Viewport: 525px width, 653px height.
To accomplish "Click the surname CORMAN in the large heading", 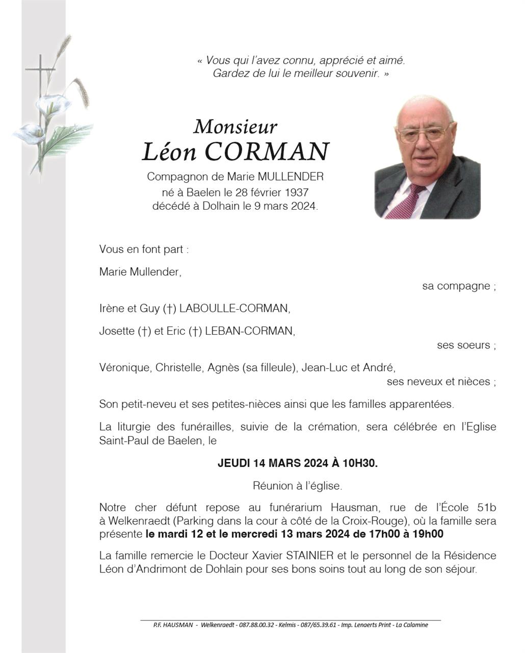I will tap(267, 152).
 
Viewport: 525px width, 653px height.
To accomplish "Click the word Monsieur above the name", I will tap(235, 127).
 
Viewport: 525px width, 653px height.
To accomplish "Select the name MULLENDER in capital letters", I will tap(291, 177).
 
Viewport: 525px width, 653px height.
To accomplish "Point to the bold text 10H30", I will tap(360, 463).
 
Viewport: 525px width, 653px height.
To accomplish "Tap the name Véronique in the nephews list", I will tap(124, 367).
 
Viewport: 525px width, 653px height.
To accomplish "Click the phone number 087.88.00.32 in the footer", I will tap(256, 625).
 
